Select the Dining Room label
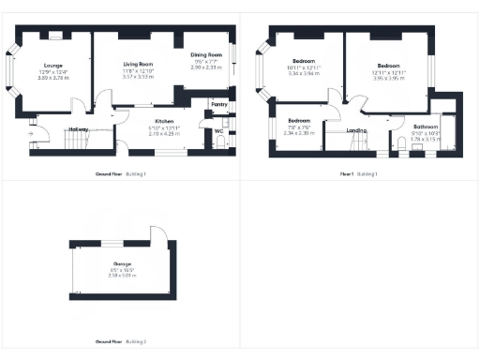[x=206, y=56]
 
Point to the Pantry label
[x=218, y=104]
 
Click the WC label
[x=217, y=130]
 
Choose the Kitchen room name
[x=164, y=122]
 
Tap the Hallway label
[x=79, y=129]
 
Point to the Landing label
[x=355, y=130]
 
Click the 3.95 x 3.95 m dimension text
[x=387, y=79]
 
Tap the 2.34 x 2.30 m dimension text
[x=299, y=132]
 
